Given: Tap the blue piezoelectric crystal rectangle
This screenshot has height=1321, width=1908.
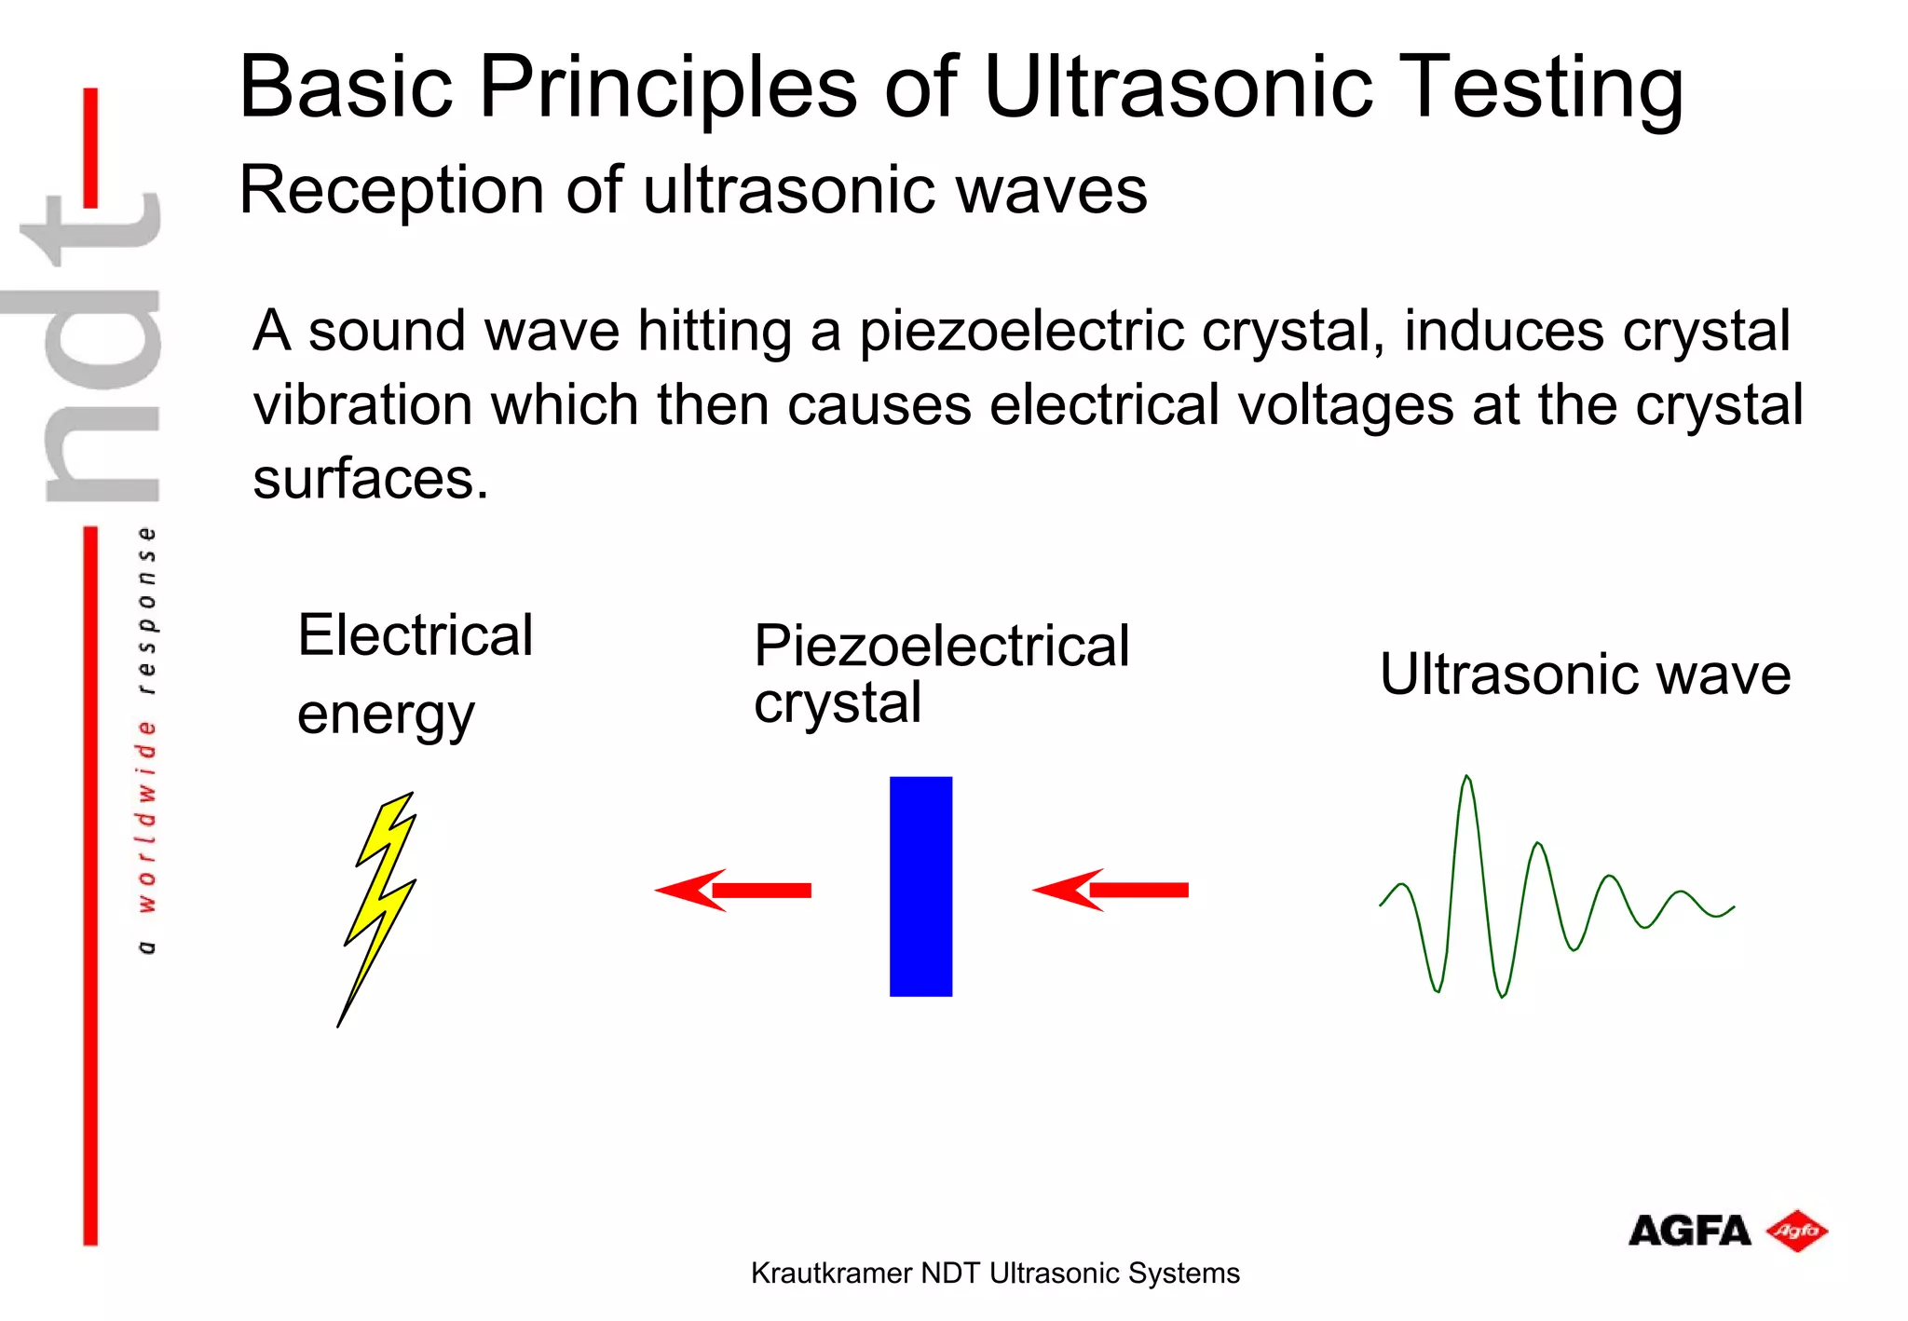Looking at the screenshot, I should pyautogui.click(x=920, y=886).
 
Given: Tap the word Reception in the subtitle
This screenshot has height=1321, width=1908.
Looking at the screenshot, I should pyautogui.click(x=391, y=190).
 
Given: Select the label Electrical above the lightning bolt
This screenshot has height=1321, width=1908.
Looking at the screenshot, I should pyautogui.click(x=416, y=636).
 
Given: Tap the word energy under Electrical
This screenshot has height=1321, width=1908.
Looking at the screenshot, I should pyautogui.click(x=386, y=715).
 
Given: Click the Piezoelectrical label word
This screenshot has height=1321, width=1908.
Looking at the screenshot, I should pyautogui.click(x=941, y=646).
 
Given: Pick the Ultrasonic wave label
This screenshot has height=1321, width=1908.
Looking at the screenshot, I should pyautogui.click(x=1585, y=674).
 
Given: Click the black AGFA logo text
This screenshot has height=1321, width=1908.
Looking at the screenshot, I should pyautogui.click(x=1688, y=1232).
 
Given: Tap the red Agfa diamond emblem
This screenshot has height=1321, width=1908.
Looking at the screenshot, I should pyautogui.click(x=1797, y=1232).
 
